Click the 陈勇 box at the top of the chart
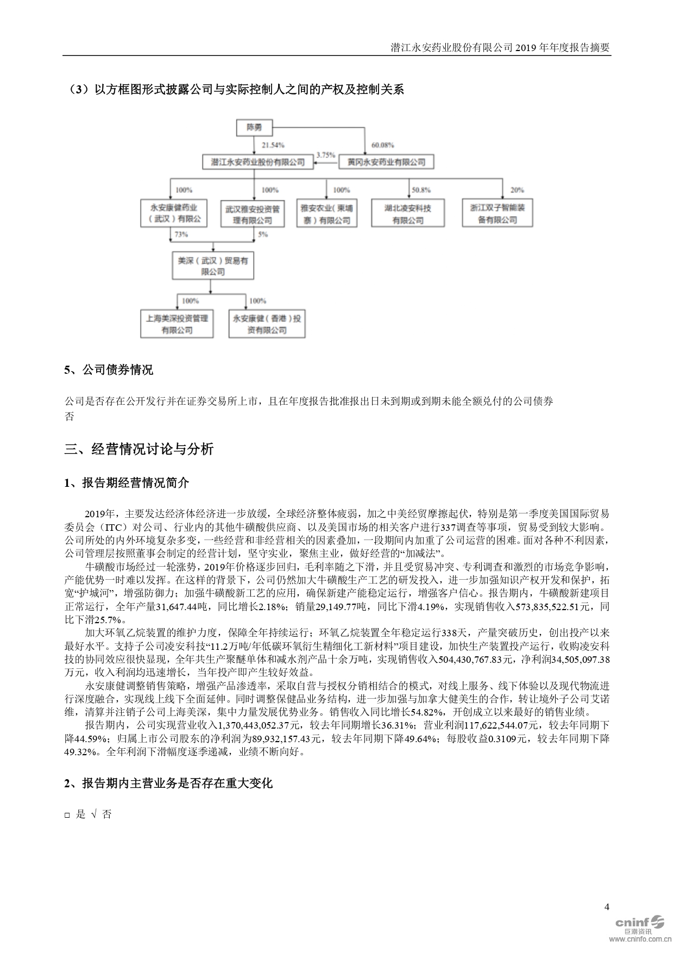point(254,127)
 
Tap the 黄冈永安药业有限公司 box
point(386,162)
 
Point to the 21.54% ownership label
point(273,145)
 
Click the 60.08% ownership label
point(383,145)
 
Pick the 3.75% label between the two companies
point(326,154)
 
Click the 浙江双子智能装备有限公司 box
point(497,214)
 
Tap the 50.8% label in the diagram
point(421,190)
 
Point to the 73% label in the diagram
point(180,234)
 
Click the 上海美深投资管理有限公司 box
point(177,324)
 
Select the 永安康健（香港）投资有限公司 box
point(266,324)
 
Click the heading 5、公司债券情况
point(109,370)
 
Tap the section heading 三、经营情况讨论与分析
point(139,449)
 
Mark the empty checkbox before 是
point(67,815)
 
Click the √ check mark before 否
point(94,814)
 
